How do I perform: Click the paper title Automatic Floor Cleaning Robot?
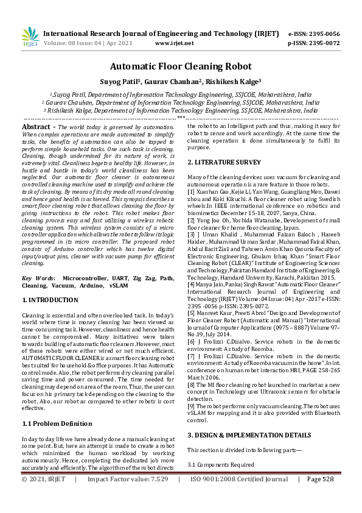pos(181,68)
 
